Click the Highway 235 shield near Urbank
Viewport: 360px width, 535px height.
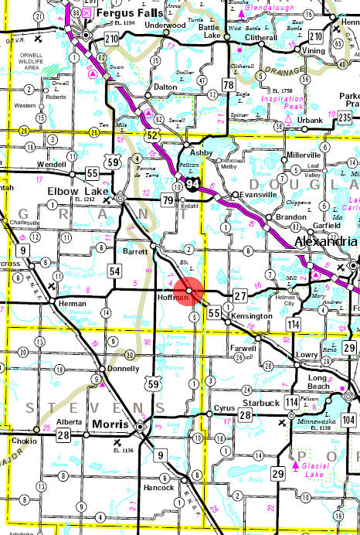coord(345,117)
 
